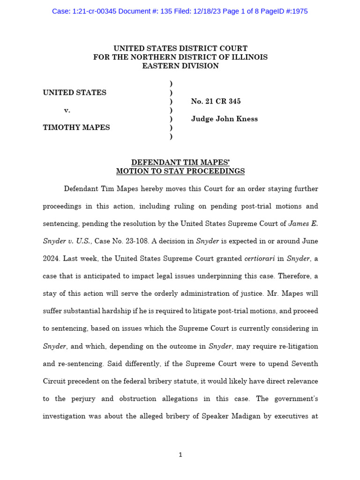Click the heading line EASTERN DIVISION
180,66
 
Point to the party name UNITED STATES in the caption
75,93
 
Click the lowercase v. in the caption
67,110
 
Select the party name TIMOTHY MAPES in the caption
76,127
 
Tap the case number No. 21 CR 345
216,101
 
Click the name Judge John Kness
224,119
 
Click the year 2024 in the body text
52,259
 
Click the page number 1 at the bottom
180,455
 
